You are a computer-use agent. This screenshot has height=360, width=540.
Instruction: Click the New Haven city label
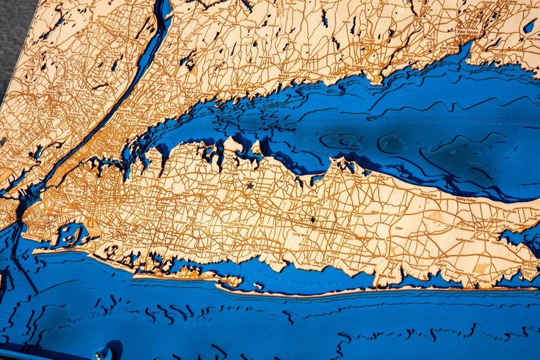tap(469, 32)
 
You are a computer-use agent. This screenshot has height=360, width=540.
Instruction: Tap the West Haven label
tap(448, 49)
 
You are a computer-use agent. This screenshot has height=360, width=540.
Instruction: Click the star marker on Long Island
tap(250, 185)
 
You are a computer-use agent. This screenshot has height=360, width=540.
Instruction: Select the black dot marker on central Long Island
tap(312, 219)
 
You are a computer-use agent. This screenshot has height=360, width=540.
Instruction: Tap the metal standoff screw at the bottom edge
tap(103, 353)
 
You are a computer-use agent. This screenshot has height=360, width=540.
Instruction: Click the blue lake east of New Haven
tap(529, 26)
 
